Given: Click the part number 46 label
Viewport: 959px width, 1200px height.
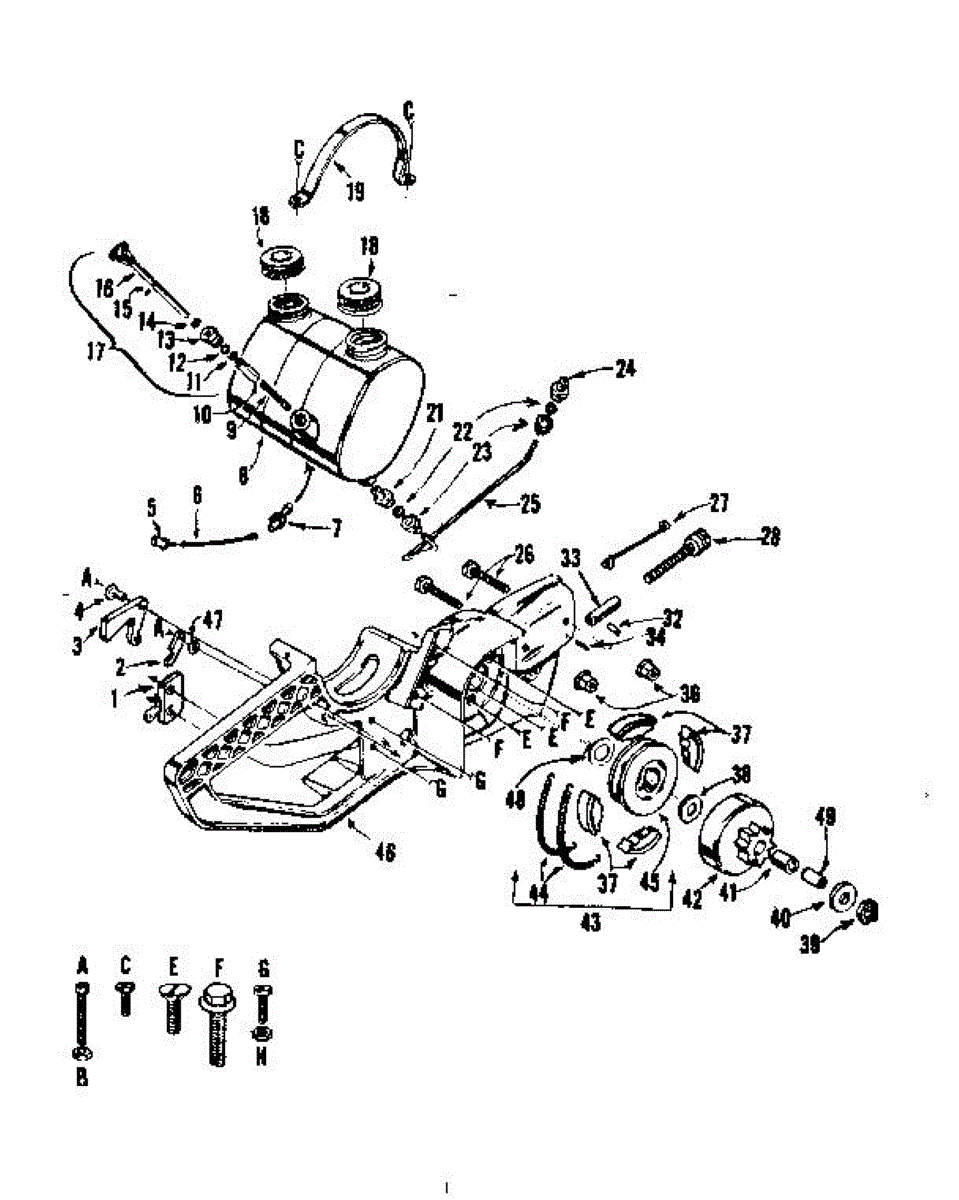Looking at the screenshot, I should (x=384, y=852).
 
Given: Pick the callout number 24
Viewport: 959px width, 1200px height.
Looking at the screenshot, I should (x=626, y=369).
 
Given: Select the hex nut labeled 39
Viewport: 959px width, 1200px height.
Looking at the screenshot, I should (x=869, y=910).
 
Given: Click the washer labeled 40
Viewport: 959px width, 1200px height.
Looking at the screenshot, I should (x=842, y=893).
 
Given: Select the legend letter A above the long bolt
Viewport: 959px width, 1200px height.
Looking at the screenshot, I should (x=83, y=966).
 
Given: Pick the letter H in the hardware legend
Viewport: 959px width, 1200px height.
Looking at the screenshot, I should (x=261, y=1057).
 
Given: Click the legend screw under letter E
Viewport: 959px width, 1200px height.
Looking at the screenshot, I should (x=172, y=1010).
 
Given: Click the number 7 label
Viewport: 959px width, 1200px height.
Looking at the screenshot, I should (x=335, y=529).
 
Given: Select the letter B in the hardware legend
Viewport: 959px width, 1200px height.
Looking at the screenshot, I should (x=83, y=1078).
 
